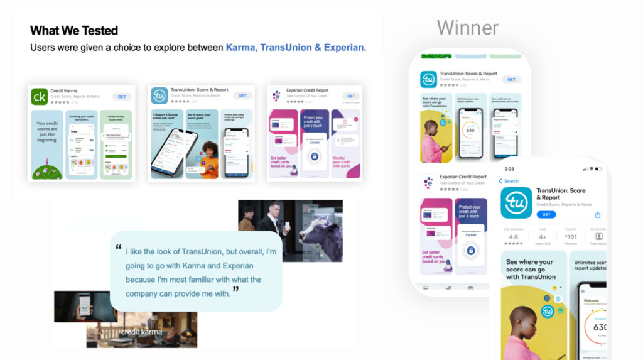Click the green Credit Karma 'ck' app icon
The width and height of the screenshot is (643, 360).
[x=39, y=96]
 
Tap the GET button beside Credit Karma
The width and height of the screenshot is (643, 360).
[x=122, y=96]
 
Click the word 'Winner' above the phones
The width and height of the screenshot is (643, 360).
[x=468, y=28]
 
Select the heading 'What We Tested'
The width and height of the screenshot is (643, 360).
[x=74, y=30]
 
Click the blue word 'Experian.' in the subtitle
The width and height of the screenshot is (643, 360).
[x=345, y=47]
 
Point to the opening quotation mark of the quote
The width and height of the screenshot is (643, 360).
[x=119, y=247]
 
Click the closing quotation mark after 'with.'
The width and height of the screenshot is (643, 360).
[x=235, y=290]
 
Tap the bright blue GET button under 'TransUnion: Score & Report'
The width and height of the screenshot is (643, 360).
[x=546, y=214]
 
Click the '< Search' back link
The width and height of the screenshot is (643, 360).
[x=509, y=181]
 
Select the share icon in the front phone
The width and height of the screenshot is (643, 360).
[x=598, y=214]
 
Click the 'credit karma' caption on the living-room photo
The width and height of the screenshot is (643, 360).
[x=141, y=332]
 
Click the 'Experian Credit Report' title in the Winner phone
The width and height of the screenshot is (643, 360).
[x=463, y=177]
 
